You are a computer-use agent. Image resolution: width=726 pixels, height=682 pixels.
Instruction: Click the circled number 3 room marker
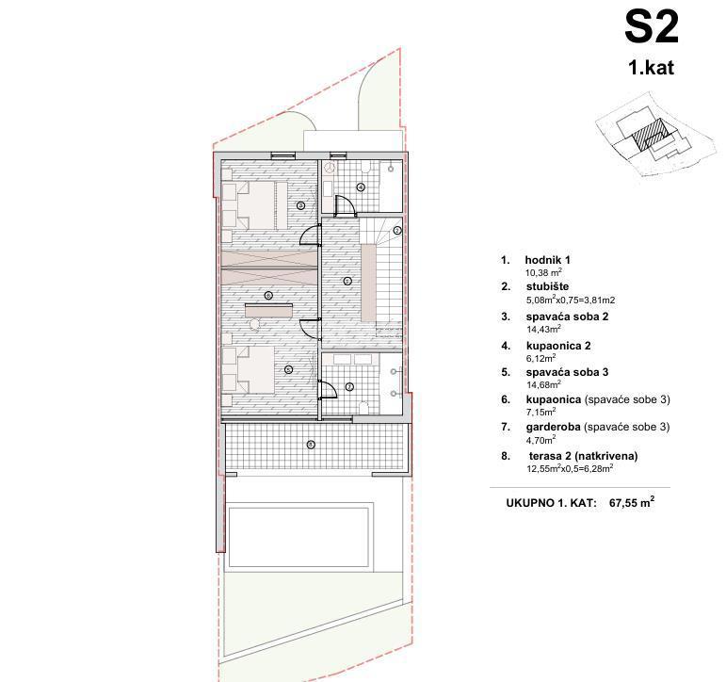coord(300,205)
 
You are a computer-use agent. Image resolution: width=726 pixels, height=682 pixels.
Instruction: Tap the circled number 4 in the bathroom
coord(361,187)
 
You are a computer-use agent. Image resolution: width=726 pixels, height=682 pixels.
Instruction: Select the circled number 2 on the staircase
coord(396,230)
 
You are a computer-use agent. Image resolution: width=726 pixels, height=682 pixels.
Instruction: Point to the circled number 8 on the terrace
coord(311,445)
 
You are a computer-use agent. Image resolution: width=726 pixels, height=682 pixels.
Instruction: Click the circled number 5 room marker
coord(288,369)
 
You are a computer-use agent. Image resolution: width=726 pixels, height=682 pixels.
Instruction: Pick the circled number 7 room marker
coord(349,386)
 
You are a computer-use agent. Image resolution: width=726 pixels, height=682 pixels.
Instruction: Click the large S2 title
coord(651,28)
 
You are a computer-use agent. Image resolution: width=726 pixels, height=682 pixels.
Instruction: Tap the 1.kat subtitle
coord(651,68)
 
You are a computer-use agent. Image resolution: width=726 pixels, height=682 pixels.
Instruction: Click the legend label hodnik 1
coord(547,260)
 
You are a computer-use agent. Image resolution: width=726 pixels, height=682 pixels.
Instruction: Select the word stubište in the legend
coord(547,286)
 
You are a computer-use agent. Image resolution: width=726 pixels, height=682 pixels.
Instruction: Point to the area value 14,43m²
coord(543,329)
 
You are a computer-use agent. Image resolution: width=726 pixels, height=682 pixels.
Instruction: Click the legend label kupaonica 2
coord(558,346)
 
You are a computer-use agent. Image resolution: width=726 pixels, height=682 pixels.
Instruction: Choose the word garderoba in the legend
coord(554,427)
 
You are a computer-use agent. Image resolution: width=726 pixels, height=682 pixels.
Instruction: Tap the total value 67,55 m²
coord(632,502)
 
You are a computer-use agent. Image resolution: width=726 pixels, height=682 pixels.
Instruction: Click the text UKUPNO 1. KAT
coord(551,503)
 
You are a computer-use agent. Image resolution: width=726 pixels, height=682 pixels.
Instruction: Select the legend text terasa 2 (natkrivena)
coord(584,456)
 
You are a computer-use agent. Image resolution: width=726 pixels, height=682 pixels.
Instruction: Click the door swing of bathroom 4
coord(344,204)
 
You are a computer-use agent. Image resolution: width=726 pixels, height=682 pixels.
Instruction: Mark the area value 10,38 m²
coord(543,272)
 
